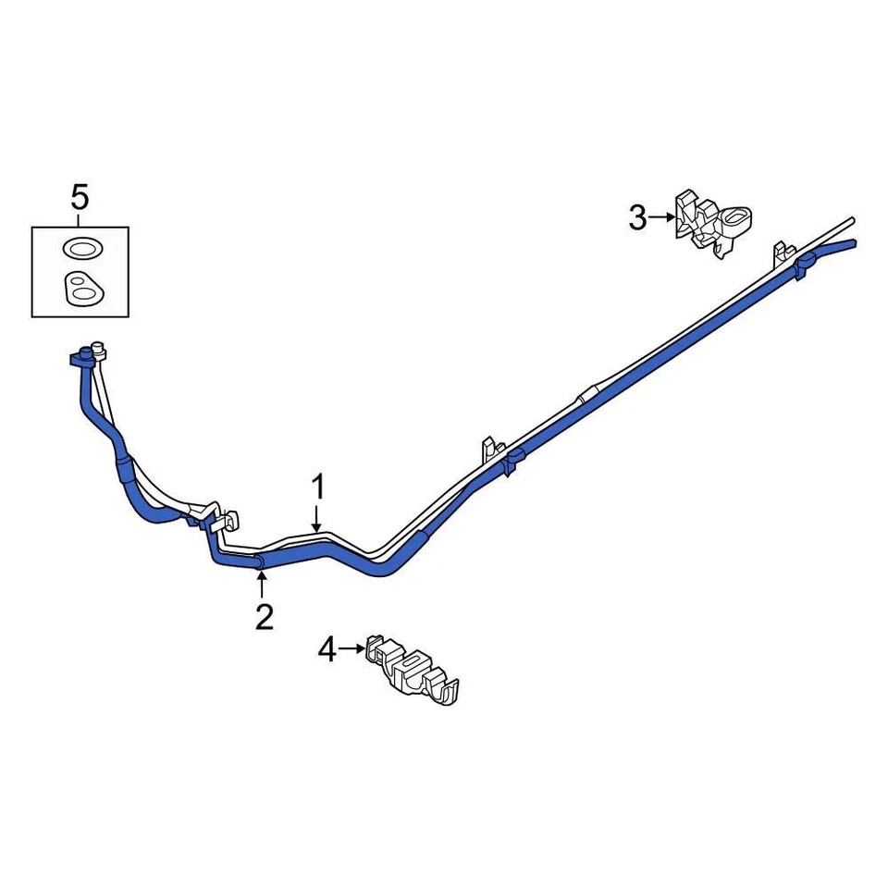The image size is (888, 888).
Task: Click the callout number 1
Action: point(318,487)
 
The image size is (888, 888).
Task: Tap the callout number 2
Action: point(265,616)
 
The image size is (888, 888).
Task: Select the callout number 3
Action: point(638,219)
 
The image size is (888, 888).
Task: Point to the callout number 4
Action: point(327,651)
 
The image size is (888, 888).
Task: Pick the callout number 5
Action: point(80,196)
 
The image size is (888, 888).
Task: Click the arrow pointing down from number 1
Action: point(318,518)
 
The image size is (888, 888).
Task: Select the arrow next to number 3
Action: point(661,218)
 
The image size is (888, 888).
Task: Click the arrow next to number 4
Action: point(352,649)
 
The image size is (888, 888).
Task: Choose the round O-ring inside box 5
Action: point(80,248)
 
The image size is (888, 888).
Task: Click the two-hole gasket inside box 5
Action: point(80,289)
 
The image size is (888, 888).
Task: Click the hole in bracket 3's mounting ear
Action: point(738,218)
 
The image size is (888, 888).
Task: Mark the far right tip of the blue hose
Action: point(853,244)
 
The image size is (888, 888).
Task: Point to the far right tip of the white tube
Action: point(851,220)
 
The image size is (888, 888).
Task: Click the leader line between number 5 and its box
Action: point(80,218)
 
